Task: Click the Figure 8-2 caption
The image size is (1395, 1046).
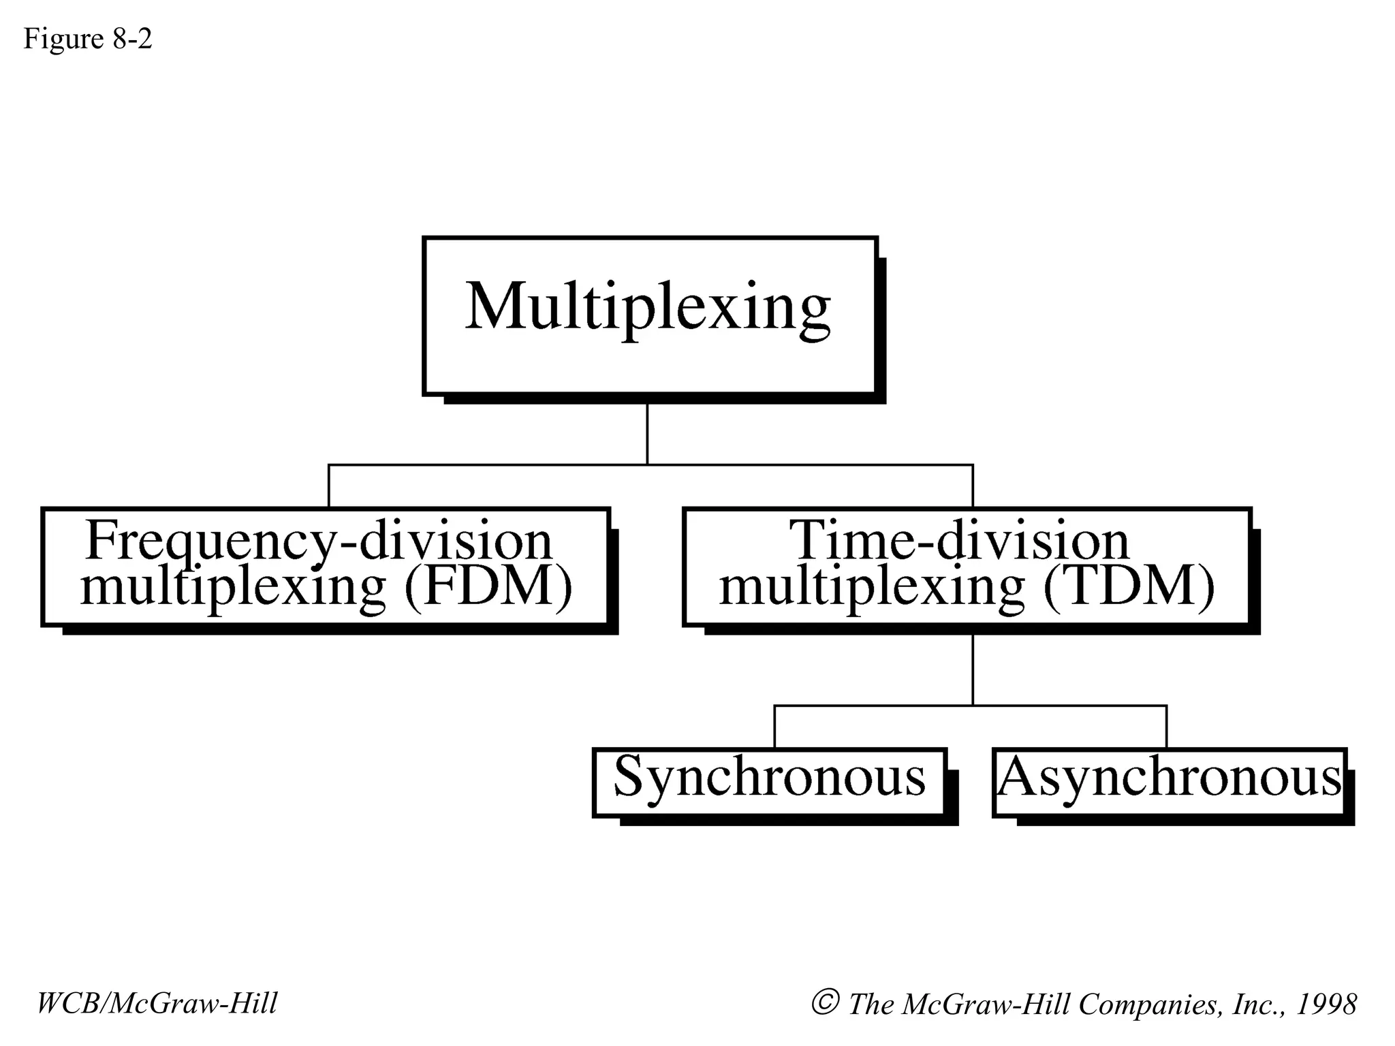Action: point(87,39)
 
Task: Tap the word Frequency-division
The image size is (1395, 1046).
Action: point(319,541)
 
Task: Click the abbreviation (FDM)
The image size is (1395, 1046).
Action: point(488,587)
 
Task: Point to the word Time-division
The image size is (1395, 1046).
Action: point(959,541)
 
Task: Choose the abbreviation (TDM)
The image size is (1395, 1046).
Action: point(1129,587)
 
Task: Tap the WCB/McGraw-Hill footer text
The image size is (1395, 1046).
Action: point(157,1004)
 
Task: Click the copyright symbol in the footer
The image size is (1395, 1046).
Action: point(824,1002)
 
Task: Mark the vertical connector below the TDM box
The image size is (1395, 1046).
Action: point(973,670)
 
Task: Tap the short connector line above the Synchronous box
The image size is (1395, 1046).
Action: point(774,727)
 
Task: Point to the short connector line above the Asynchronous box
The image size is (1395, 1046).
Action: point(1167,727)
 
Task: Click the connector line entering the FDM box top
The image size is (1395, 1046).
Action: point(329,486)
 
